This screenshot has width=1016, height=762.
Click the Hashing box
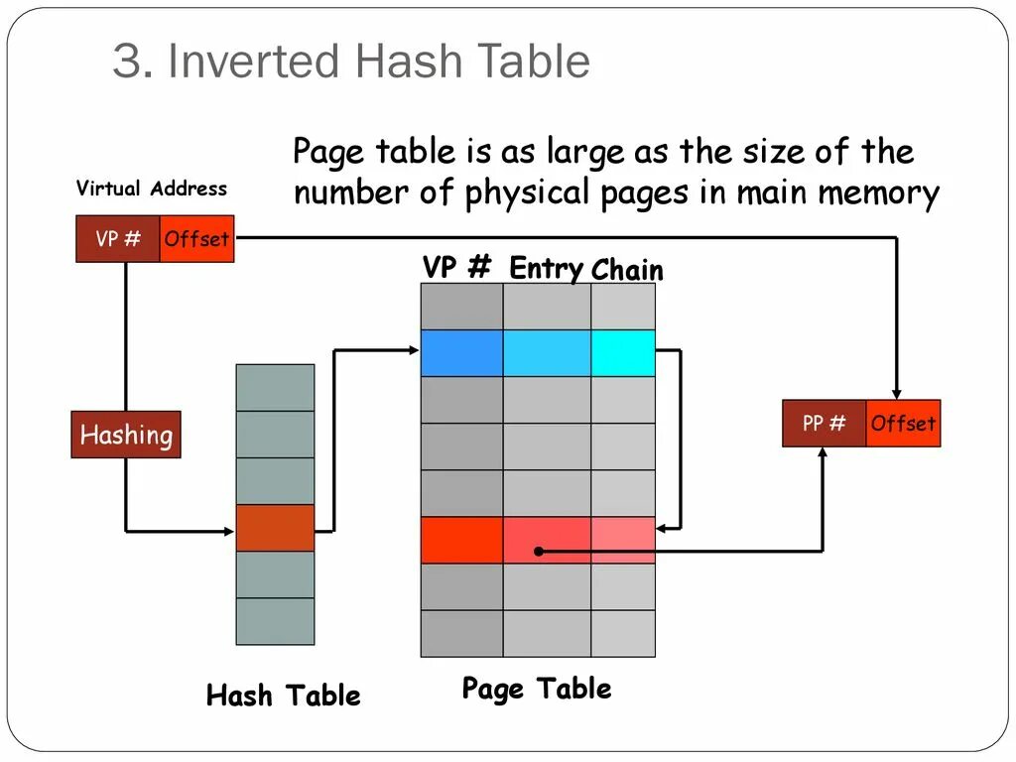126,435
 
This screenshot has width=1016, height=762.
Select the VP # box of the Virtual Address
118,238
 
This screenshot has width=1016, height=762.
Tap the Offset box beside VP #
197,238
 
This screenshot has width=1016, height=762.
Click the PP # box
825,423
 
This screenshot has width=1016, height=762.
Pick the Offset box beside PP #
903,423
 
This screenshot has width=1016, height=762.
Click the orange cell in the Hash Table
276,528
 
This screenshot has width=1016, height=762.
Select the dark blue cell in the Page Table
462,353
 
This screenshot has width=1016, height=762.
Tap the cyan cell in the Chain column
623,353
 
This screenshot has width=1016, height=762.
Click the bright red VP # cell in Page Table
462,540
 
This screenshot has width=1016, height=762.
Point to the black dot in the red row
539,552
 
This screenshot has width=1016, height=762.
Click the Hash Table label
283,696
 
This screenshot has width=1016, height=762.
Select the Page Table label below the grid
537,689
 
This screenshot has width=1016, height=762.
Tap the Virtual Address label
152,188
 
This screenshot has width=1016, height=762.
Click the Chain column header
627,270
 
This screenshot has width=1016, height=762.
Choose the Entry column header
547,268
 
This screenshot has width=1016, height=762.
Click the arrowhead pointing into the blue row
414,350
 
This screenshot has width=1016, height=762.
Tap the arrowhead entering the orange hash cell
229,532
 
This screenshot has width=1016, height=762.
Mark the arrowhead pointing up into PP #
823,452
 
